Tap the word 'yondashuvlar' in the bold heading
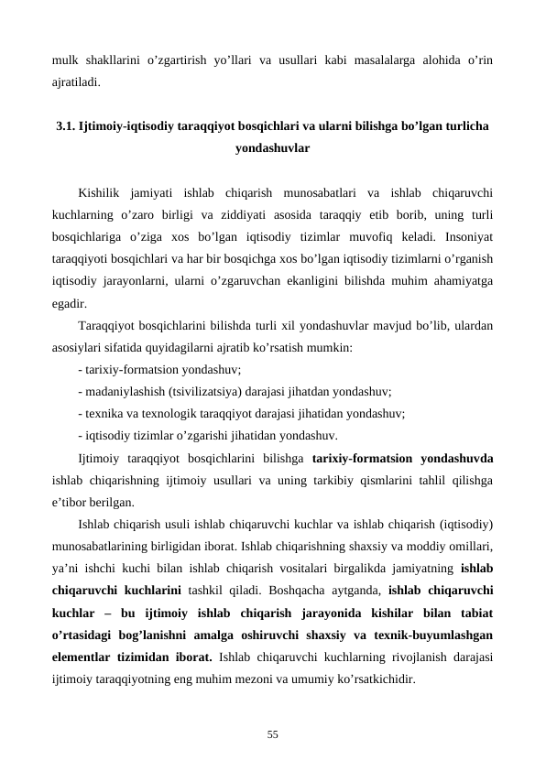272,147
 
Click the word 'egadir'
70,303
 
